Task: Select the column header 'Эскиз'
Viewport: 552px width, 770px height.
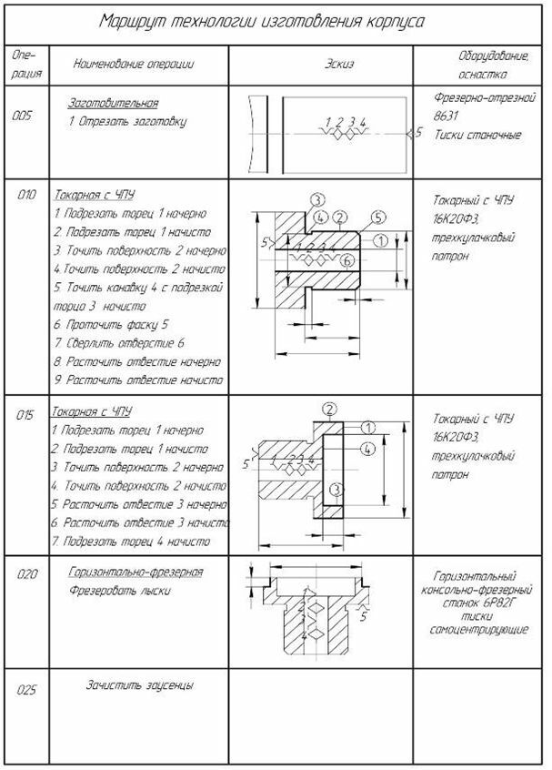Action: tap(337, 66)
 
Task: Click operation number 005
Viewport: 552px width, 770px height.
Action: tap(24, 116)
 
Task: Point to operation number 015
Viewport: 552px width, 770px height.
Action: tap(25, 415)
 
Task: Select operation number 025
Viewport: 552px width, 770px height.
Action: tap(25, 692)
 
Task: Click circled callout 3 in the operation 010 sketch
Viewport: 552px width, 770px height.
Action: tap(316, 199)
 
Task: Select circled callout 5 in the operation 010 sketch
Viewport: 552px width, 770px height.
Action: tap(378, 218)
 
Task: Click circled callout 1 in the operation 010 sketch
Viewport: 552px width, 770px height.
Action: tap(381, 240)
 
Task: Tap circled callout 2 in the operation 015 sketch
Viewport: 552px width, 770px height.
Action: tap(329, 408)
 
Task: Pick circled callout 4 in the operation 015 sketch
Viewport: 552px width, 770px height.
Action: tap(366, 449)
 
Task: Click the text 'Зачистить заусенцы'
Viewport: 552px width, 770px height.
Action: tap(139, 685)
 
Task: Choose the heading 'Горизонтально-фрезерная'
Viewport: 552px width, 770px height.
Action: tap(135, 572)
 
